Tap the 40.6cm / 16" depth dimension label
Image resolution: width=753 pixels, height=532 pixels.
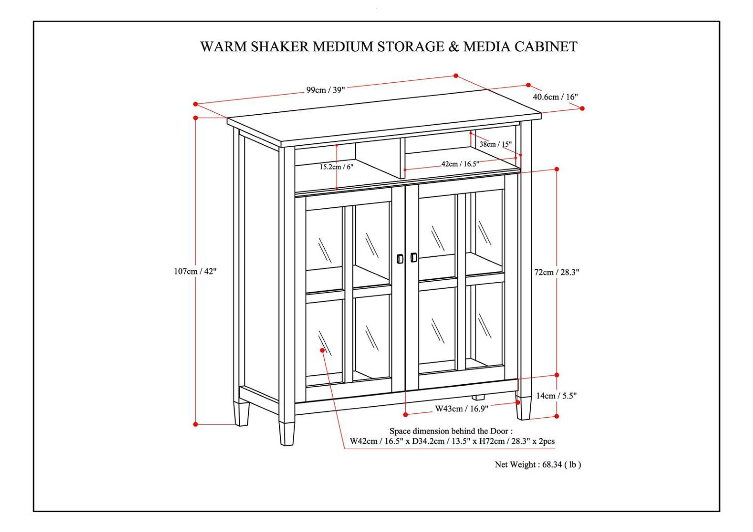click(x=555, y=97)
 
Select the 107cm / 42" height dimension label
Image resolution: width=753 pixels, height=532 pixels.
click(x=195, y=271)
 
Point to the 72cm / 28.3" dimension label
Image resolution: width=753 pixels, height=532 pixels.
click(x=557, y=272)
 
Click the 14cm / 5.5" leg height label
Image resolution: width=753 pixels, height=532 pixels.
click(x=556, y=396)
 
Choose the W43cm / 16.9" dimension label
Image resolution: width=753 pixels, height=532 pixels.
click(x=461, y=408)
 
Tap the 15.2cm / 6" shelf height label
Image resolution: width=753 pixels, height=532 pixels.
click(x=336, y=167)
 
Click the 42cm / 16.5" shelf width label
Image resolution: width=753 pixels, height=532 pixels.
click(x=460, y=164)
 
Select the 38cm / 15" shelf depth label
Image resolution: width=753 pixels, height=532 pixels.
click(x=495, y=144)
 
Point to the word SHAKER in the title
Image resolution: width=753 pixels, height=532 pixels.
click(x=281, y=47)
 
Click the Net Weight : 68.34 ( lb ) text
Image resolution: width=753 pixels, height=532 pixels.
click(x=538, y=465)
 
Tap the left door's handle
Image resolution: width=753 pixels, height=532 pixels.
click(x=400, y=259)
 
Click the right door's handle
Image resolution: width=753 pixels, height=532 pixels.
click(x=413, y=257)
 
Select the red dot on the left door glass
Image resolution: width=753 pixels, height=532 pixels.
click(x=322, y=350)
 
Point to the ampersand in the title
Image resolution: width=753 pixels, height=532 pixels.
click(x=453, y=47)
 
